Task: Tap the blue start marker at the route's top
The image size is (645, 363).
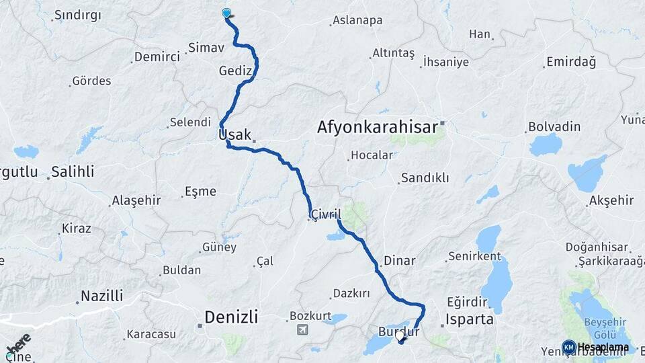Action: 226,13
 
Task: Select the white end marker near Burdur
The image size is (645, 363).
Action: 400,335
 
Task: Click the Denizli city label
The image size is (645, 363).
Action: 230,317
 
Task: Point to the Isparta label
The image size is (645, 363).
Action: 470,319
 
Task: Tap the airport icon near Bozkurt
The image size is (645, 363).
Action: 302,330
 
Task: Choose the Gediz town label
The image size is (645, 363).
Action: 235,71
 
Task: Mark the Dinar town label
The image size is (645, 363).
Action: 399,260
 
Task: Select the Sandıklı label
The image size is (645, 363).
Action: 425,178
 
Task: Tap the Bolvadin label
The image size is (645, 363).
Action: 554,126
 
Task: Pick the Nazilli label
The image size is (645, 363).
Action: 101,296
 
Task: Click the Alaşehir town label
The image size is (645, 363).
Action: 136,200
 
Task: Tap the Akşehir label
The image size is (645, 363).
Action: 611,200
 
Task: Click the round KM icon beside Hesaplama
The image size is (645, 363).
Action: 568,347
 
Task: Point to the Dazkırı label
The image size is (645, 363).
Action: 351,294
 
